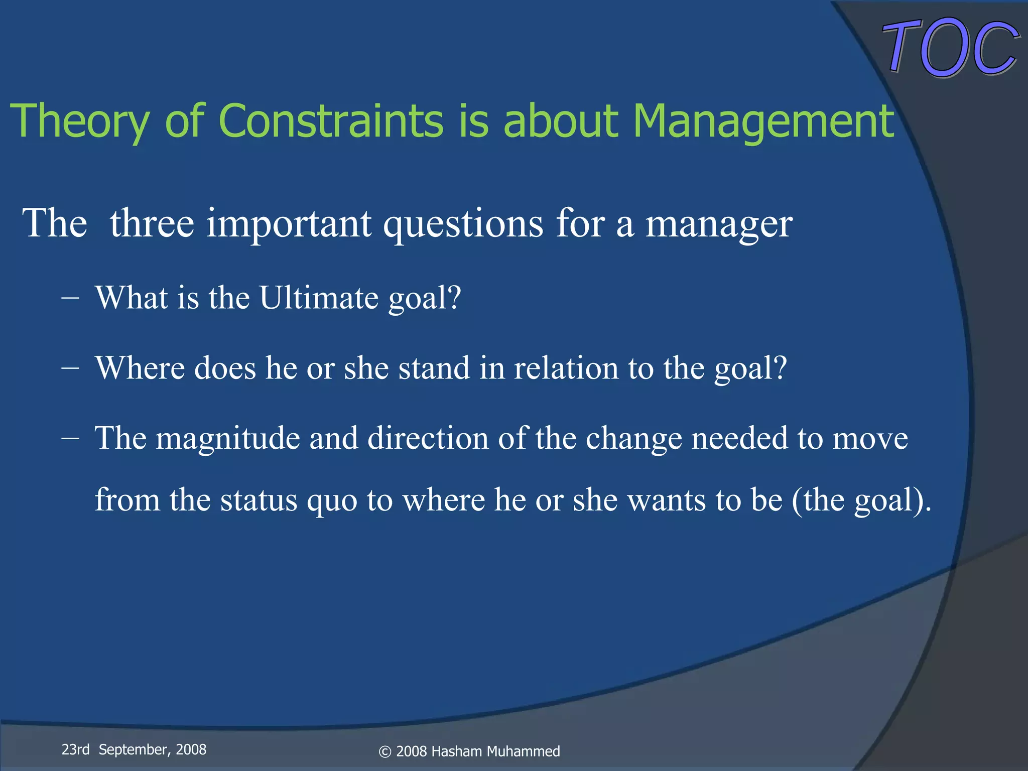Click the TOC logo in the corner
(950, 48)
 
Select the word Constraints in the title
(331, 121)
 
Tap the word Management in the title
(763, 121)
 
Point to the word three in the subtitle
(152, 223)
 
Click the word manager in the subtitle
(718, 224)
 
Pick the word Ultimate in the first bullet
(319, 298)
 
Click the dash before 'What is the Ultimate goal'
(70, 298)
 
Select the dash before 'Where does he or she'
(70, 368)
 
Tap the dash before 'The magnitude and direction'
(70, 438)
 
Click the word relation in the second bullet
(566, 368)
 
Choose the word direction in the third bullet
(428, 438)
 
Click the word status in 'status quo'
(259, 500)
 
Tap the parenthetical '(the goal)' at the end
(861, 500)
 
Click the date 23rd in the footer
(75, 749)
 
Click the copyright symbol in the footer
(385, 752)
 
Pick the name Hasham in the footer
(456, 751)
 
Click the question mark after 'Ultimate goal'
(454, 298)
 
